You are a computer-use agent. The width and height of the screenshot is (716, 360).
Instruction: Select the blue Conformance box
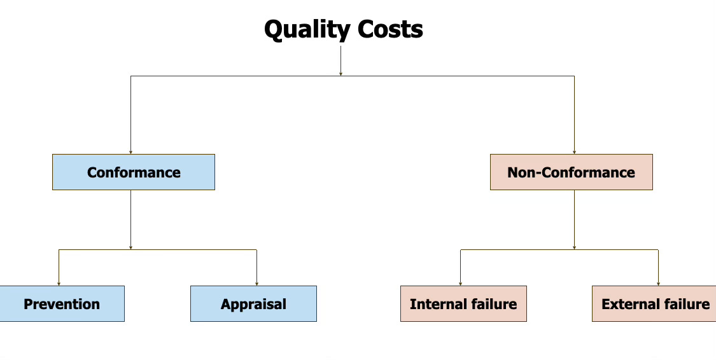(x=134, y=172)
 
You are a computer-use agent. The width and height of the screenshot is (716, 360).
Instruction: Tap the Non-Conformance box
(x=571, y=172)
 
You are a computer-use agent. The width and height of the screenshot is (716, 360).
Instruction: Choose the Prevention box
(x=62, y=303)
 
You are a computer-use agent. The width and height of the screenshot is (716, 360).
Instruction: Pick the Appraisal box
(x=253, y=303)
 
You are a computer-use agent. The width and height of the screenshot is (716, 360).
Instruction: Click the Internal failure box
(x=463, y=303)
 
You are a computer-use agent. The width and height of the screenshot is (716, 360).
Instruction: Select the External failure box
(x=654, y=303)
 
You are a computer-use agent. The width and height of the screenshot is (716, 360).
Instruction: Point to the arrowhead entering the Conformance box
(x=131, y=151)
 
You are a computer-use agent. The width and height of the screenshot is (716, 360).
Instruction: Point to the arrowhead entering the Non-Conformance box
(x=574, y=151)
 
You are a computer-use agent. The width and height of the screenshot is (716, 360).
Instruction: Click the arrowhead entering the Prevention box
(x=59, y=283)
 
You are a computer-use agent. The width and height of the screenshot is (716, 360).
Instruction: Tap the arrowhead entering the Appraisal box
(x=256, y=283)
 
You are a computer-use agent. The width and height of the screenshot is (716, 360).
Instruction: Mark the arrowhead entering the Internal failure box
(x=460, y=283)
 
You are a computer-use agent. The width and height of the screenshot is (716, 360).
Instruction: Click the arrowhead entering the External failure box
(x=658, y=283)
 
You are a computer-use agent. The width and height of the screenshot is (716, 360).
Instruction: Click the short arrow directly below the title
(x=340, y=60)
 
